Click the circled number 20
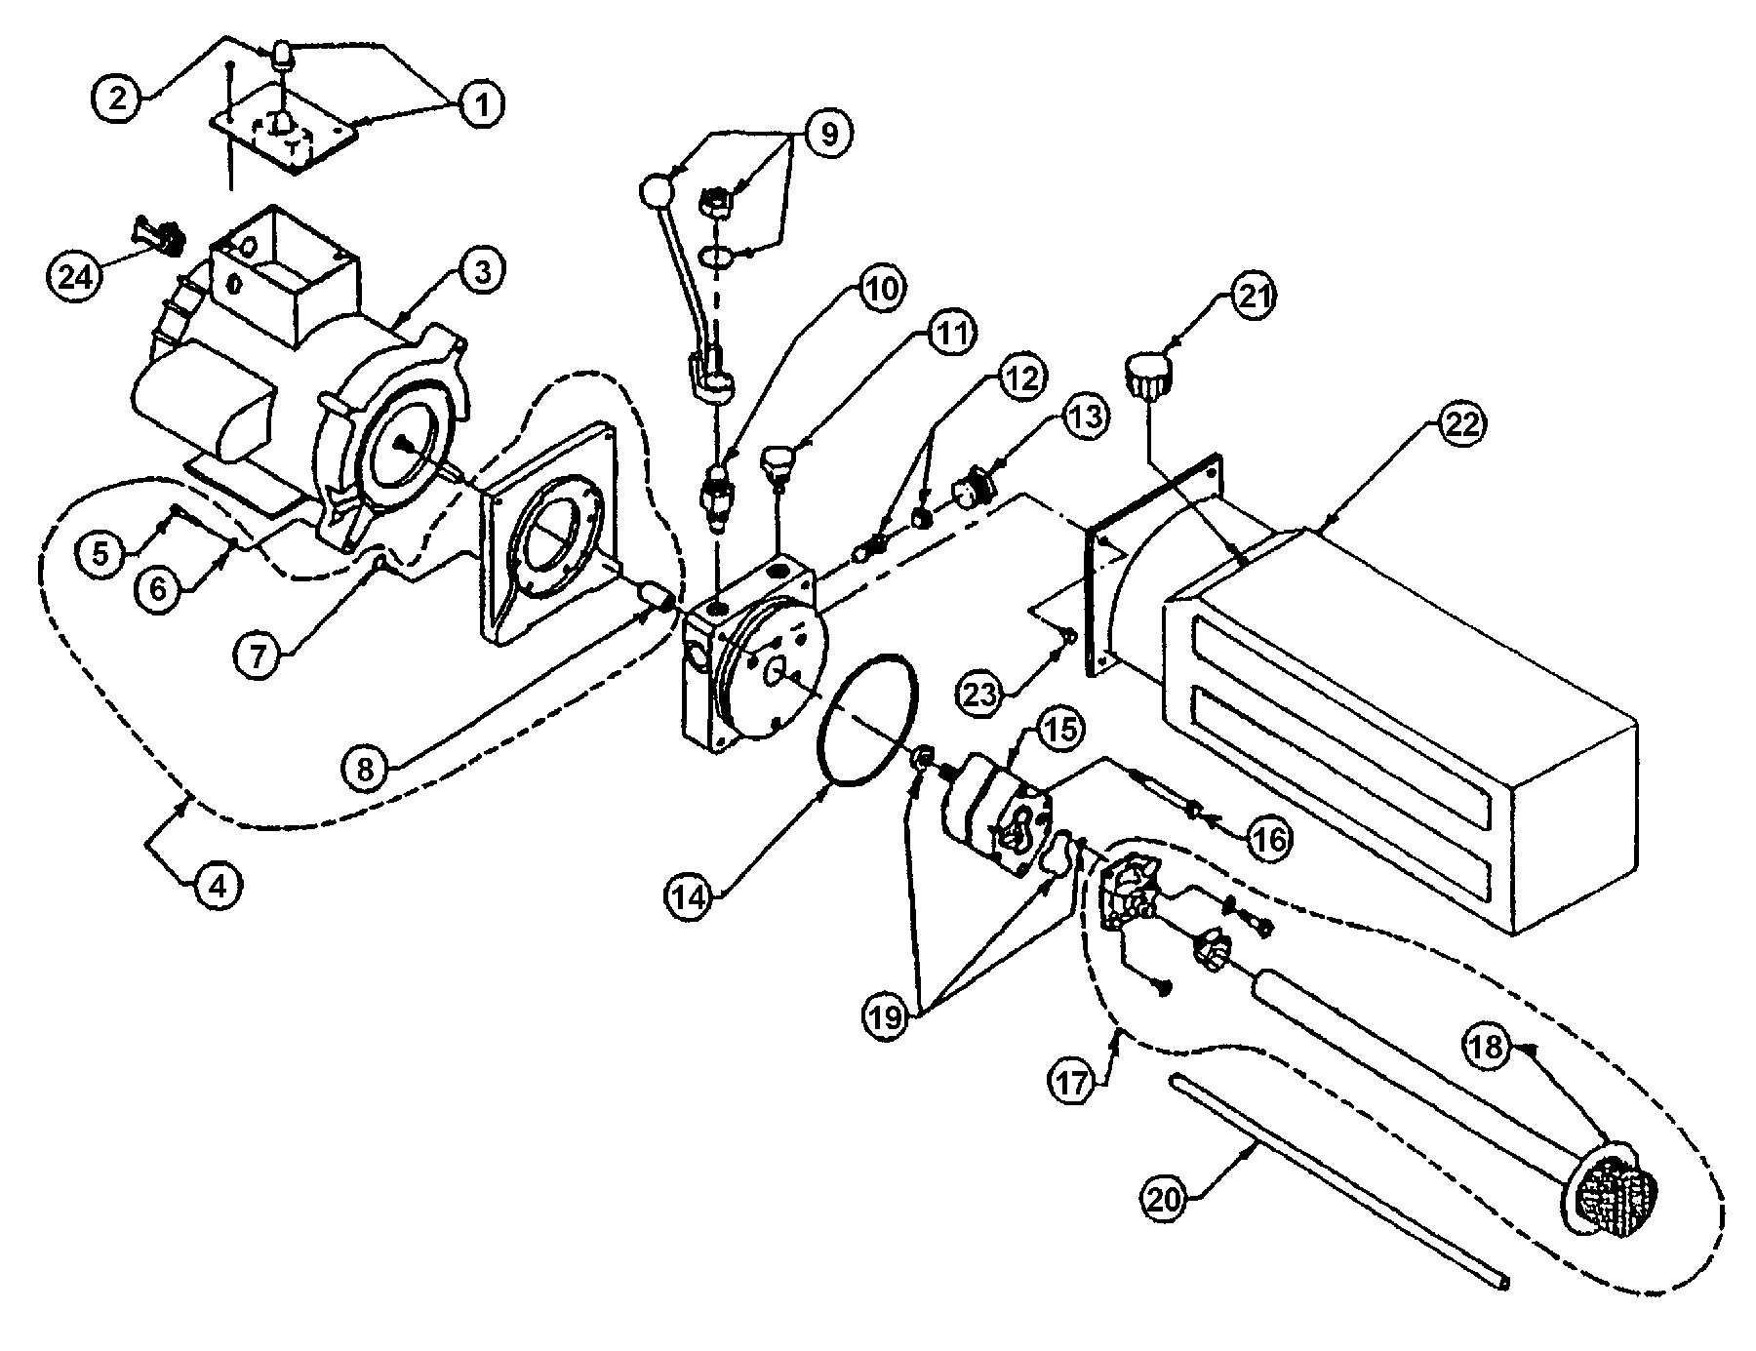coord(1164,1200)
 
